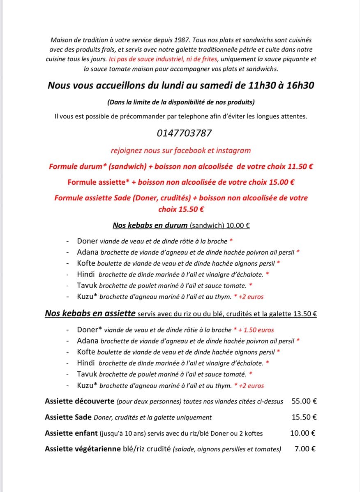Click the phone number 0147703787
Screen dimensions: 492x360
click(x=185, y=133)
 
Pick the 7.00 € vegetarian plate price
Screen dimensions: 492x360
click(x=305, y=449)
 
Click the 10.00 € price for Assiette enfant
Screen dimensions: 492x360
click(x=302, y=433)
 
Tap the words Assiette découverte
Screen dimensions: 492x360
click(x=80, y=401)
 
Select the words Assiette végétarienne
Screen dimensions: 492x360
click(x=83, y=449)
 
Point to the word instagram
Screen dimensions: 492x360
click(x=233, y=151)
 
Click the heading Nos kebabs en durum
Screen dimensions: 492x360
click(x=150, y=225)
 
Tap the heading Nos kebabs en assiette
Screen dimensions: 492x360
click(x=90, y=314)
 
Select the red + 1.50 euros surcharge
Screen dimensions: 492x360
click(x=256, y=330)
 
